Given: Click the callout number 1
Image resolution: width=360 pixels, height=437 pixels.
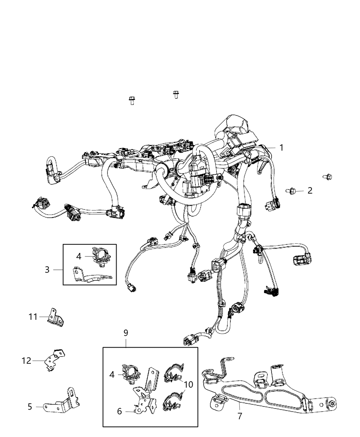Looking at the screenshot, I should (x=281, y=148).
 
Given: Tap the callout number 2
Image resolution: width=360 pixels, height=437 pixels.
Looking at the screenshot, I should (x=310, y=191).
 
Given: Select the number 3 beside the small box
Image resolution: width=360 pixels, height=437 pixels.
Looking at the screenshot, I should (x=47, y=269).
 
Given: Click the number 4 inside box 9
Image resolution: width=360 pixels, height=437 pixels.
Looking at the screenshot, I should (x=112, y=375).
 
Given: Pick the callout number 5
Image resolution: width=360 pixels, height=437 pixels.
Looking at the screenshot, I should (x=119, y=411).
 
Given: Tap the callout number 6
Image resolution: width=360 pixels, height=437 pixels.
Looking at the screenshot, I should (x=240, y=416).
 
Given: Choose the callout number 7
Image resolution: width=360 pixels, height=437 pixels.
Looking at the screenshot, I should (x=126, y=332).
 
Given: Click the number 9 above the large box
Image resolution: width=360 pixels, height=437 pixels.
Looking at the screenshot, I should (x=188, y=384).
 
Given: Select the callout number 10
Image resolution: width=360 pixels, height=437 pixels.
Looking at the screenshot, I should (x=33, y=317).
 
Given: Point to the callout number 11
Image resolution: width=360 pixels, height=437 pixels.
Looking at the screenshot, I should (x=26, y=361).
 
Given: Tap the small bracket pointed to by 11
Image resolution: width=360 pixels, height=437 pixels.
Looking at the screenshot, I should (x=56, y=317).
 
